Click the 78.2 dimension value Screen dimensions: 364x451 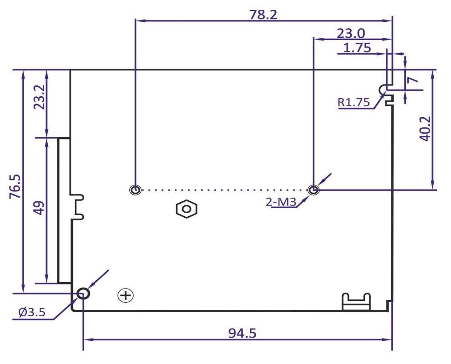point(264,14)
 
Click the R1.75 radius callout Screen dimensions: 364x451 point(354,103)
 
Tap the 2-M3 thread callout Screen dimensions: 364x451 point(280,201)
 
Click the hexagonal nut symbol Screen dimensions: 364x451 point(186,209)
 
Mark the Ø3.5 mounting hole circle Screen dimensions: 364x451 point(83,294)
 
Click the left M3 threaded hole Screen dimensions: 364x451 point(135,190)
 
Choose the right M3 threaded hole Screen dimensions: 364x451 point(313,190)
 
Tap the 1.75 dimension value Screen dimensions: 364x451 point(357,47)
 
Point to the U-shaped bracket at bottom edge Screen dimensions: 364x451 point(356,302)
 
